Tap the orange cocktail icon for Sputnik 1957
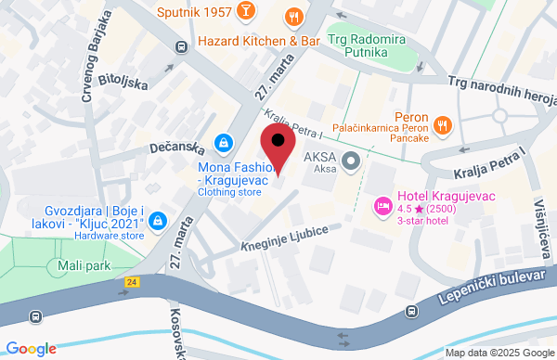click(x=246, y=11)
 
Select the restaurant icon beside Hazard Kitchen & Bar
click(x=294, y=17)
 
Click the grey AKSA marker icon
click(x=351, y=162)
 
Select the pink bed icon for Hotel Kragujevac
click(x=381, y=204)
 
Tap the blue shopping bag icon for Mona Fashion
click(x=223, y=142)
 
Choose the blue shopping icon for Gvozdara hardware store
click(x=158, y=221)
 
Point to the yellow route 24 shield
click(x=135, y=281)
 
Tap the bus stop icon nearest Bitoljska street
click(x=180, y=45)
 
